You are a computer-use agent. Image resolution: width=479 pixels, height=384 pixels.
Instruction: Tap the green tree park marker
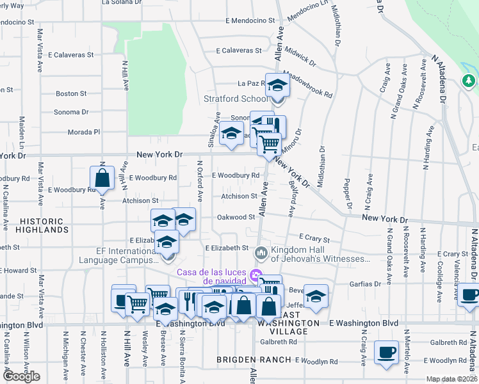tap(468, 81)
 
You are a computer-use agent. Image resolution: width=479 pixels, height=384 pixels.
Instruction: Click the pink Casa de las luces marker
tap(256, 276)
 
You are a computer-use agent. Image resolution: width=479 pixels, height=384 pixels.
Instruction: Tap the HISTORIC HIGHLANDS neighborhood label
tap(33, 225)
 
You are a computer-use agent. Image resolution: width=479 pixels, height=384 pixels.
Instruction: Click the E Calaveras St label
tap(239, 50)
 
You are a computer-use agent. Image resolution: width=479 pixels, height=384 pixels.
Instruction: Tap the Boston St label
tap(71, 93)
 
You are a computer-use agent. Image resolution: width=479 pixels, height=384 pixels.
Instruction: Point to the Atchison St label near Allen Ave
tap(239, 196)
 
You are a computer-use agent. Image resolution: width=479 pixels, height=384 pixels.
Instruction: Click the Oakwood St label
tap(236, 217)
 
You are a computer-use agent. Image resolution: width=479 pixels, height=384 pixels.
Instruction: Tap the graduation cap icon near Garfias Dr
tap(316, 296)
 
